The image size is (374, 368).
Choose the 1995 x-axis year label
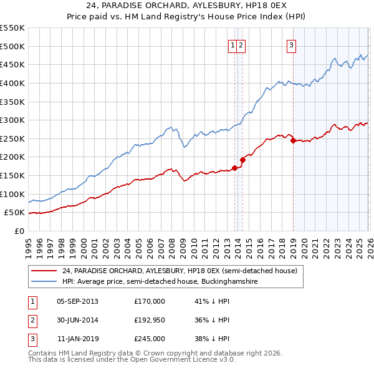(x=29, y=242)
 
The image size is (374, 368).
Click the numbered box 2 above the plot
(x=241, y=44)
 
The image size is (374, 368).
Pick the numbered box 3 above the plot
(x=292, y=44)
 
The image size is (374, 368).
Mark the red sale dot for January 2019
(x=293, y=140)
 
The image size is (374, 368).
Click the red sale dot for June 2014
(x=243, y=160)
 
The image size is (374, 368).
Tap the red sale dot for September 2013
(x=234, y=168)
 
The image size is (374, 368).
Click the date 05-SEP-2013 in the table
(x=77, y=301)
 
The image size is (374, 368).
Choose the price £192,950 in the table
(x=149, y=320)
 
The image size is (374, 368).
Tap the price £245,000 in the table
(x=149, y=339)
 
